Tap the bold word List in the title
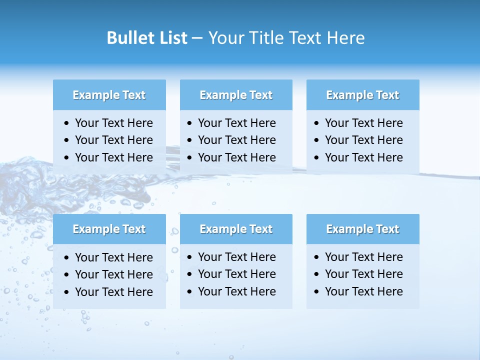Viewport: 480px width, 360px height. point(172,38)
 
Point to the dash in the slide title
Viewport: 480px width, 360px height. point(197,38)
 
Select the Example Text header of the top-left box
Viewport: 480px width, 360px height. point(109,95)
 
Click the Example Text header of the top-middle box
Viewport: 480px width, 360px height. point(236,95)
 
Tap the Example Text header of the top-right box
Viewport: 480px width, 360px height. point(362,95)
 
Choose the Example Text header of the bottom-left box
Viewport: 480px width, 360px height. point(109,229)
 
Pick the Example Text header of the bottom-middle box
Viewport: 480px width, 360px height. point(236,229)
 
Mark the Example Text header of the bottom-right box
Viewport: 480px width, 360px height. point(362,229)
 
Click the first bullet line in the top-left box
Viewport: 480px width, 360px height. point(113,123)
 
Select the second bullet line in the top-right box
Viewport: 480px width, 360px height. point(363,140)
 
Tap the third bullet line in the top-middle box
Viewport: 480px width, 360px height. point(236,157)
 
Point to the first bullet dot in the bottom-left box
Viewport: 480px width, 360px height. point(67,258)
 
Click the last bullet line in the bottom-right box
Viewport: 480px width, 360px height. point(363,291)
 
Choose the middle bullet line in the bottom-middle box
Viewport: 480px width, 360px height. point(236,274)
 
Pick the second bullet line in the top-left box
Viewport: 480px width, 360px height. point(113,140)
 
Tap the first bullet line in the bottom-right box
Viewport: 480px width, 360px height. point(363,257)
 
